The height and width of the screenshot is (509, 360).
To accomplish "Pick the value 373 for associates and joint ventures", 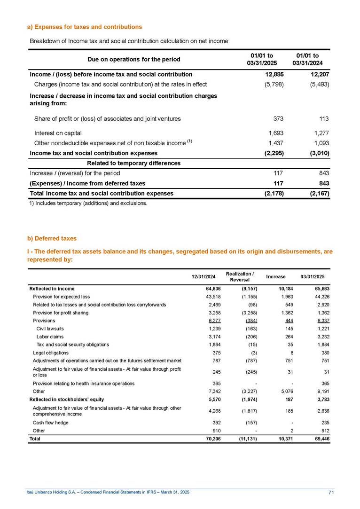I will pos(277,119).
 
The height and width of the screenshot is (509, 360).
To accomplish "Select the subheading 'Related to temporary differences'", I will pos(134,163).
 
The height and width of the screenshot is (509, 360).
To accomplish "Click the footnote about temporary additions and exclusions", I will pos(88,204).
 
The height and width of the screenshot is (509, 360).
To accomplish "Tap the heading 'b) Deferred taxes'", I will pos(52,239).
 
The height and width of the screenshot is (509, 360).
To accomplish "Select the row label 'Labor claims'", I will pos(50,337).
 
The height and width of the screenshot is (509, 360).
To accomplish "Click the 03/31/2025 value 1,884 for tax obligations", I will pos(323,345).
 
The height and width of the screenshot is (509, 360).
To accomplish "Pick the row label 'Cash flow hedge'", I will pos(50,423).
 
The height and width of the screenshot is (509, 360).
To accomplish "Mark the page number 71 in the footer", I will pos(331,492).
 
